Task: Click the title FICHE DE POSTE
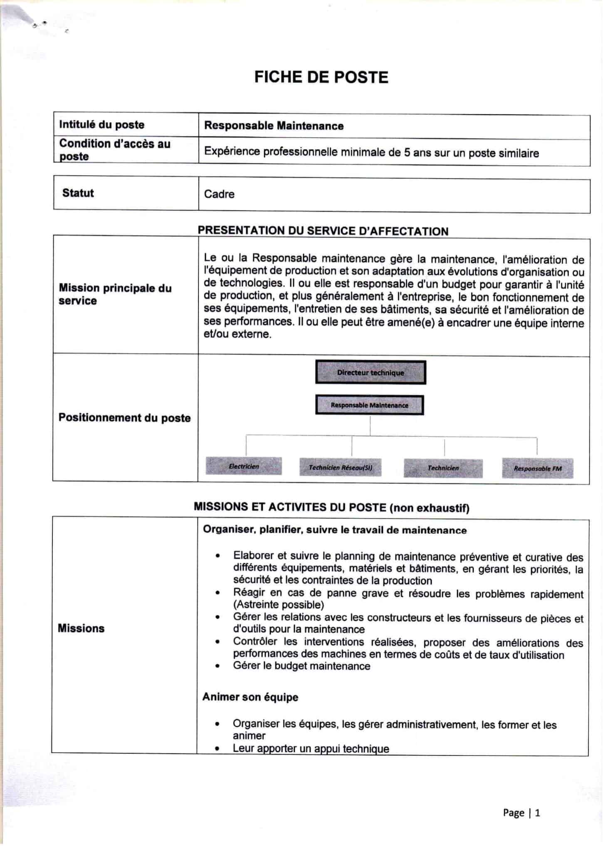(321, 77)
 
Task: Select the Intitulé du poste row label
(101, 124)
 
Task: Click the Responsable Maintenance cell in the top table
(274, 126)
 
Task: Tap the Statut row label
(78, 193)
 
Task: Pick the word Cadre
(219, 194)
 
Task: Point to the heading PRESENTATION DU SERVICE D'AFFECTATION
(323, 231)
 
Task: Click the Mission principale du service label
(115, 294)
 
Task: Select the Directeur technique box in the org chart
(370, 372)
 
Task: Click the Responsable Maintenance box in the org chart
(369, 405)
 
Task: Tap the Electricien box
(244, 466)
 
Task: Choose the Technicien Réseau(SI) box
(340, 468)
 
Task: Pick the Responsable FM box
(537, 468)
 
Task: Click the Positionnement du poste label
(124, 418)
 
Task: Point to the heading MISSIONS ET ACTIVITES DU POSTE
(331, 507)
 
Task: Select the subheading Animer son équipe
(250, 697)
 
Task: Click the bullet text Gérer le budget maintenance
(301, 666)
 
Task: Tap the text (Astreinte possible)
(278, 604)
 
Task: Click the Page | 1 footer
(521, 812)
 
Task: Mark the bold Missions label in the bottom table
(81, 628)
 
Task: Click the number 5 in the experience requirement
(407, 152)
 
